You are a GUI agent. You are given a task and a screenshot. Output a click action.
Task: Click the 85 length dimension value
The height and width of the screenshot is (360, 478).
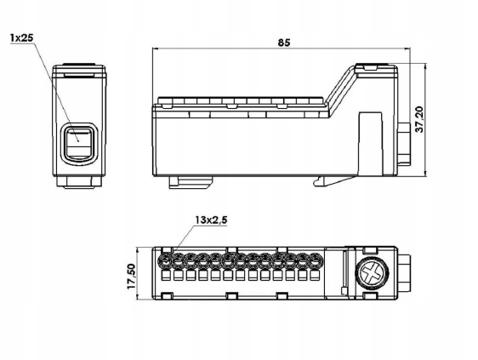[x=284, y=43]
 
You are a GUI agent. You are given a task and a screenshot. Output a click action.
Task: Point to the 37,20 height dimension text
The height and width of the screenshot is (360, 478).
[x=420, y=119]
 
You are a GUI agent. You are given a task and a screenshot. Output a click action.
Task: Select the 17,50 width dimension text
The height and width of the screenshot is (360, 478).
[x=131, y=277]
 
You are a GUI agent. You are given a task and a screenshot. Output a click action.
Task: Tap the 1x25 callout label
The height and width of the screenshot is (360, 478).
[x=21, y=37]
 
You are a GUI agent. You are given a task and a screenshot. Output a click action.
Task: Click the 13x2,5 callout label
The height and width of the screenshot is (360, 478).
[x=211, y=220]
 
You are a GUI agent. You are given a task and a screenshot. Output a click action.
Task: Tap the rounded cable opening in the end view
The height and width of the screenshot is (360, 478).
[x=79, y=143]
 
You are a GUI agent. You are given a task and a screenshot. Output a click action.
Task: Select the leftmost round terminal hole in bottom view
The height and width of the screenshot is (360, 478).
[x=166, y=260]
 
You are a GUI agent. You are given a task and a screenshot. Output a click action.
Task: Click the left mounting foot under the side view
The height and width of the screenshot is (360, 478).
[x=191, y=182]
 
